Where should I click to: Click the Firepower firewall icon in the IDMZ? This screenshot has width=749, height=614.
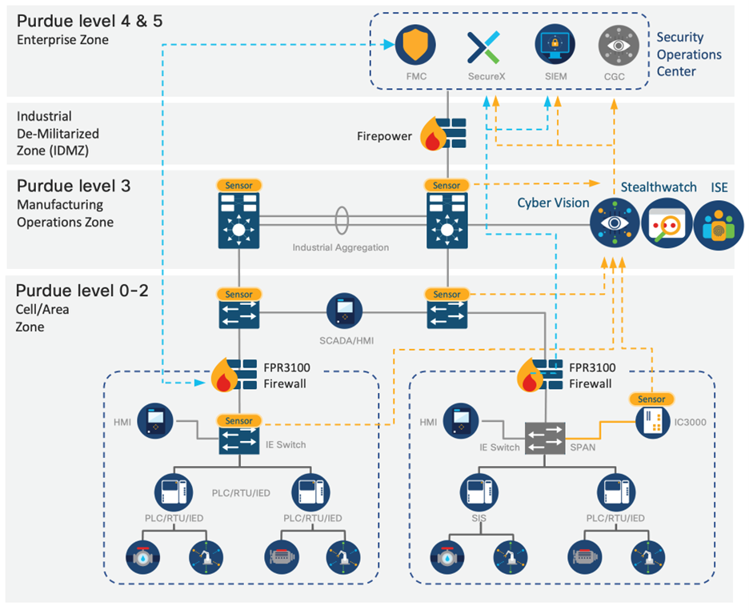tap(445, 134)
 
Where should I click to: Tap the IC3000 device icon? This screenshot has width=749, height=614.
tap(652, 425)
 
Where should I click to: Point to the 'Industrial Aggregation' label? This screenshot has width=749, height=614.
tap(341, 247)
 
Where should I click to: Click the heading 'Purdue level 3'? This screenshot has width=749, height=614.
tap(73, 185)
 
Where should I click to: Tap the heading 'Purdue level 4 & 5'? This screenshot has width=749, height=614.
tap(89, 21)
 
